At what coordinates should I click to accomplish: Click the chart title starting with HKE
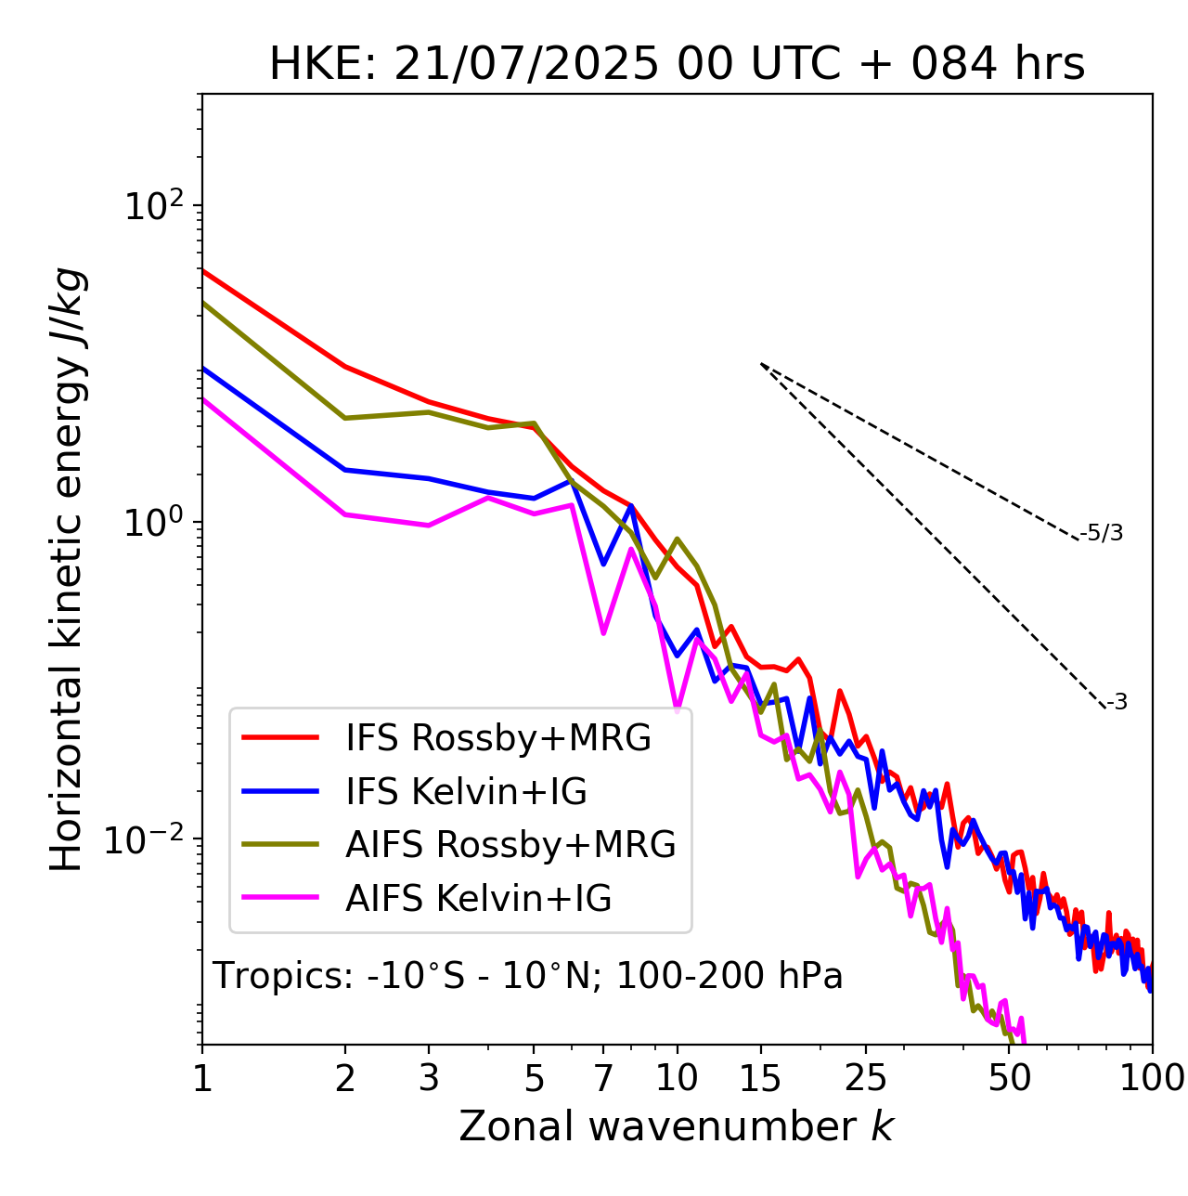(x=677, y=64)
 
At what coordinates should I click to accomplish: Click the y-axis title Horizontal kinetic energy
(x=67, y=569)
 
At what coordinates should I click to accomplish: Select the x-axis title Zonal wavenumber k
(x=676, y=1126)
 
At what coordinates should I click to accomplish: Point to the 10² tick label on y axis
(x=155, y=205)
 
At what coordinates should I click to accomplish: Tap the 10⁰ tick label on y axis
(x=155, y=522)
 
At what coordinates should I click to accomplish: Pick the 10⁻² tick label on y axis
(x=148, y=839)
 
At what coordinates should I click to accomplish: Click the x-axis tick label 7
(x=603, y=1078)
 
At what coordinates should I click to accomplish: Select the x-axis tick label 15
(x=760, y=1078)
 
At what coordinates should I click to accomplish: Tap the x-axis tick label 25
(x=865, y=1078)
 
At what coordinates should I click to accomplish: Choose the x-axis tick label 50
(x=1010, y=1078)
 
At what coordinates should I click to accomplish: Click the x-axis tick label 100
(x=1151, y=1078)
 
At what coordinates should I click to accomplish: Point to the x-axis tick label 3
(x=429, y=1078)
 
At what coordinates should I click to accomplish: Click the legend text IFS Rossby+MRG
(x=498, y=738)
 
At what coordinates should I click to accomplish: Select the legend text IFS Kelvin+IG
(x=466, y=791)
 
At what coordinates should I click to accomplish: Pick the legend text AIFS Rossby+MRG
(x=510, y=845)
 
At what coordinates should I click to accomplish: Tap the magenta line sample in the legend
(x=280, y=898)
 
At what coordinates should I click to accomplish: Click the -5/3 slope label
(x=1102, y=533)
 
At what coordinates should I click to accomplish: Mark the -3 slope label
(x=1117, y=703)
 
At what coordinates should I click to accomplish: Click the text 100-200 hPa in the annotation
(x=730, y=976)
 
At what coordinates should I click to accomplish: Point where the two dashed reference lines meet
(x=761, y=364)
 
